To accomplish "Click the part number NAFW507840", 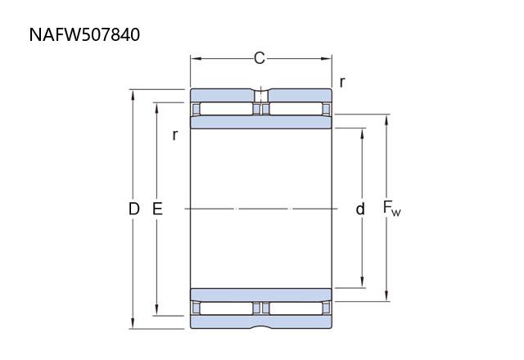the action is pyautogui.click(x=84, y=34).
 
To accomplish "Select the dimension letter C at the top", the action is pyautogui.click(x=260, y=58).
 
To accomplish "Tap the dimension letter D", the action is pyautogui.click(x=134, y=209).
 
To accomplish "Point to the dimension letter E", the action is pyautogui.click(x=157, y=209).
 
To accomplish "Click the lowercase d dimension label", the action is pyautogui.click(x=360, y=209).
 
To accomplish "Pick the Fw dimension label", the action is pyautogui.click(x=391, y=208).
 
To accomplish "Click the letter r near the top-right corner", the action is pyautogui.click(x=342, y=82).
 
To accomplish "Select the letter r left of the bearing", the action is pyautogui.click(x=174, y=135).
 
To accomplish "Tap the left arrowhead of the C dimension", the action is pyautogui.click(x=196, y=59).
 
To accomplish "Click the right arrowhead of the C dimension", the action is pyautogui.click(x=327, y=59).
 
